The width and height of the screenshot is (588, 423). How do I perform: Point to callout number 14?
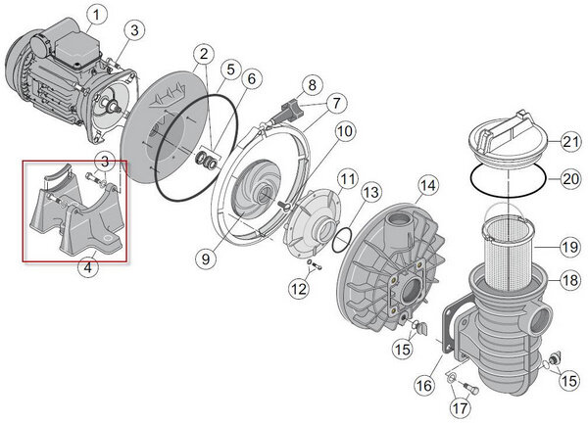coord(427,184)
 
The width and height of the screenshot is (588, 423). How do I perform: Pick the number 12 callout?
coord(297,288)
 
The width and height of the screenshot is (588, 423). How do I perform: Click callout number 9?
coord(203,258)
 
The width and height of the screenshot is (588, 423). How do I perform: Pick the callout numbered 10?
coord(343,131)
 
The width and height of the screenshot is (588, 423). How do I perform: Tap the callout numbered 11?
coord(348,178)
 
